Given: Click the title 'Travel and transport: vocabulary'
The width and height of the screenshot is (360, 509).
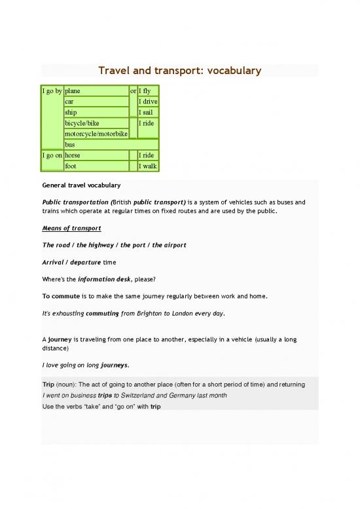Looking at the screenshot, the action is click(x=179, y=71).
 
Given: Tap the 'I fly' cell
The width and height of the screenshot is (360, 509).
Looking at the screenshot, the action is click(x=147, y=90).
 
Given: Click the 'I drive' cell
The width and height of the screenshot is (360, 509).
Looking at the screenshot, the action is click(x=148, y=102).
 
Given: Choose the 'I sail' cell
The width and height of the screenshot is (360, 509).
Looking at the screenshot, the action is click(x=147, y=113).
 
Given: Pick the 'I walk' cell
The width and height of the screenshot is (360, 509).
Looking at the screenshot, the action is click(x=148, y=166).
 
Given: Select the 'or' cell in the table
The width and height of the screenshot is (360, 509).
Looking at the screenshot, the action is click(x=133, y=90).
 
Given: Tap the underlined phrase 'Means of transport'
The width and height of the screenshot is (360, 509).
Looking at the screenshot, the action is click(x=71, y=228).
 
